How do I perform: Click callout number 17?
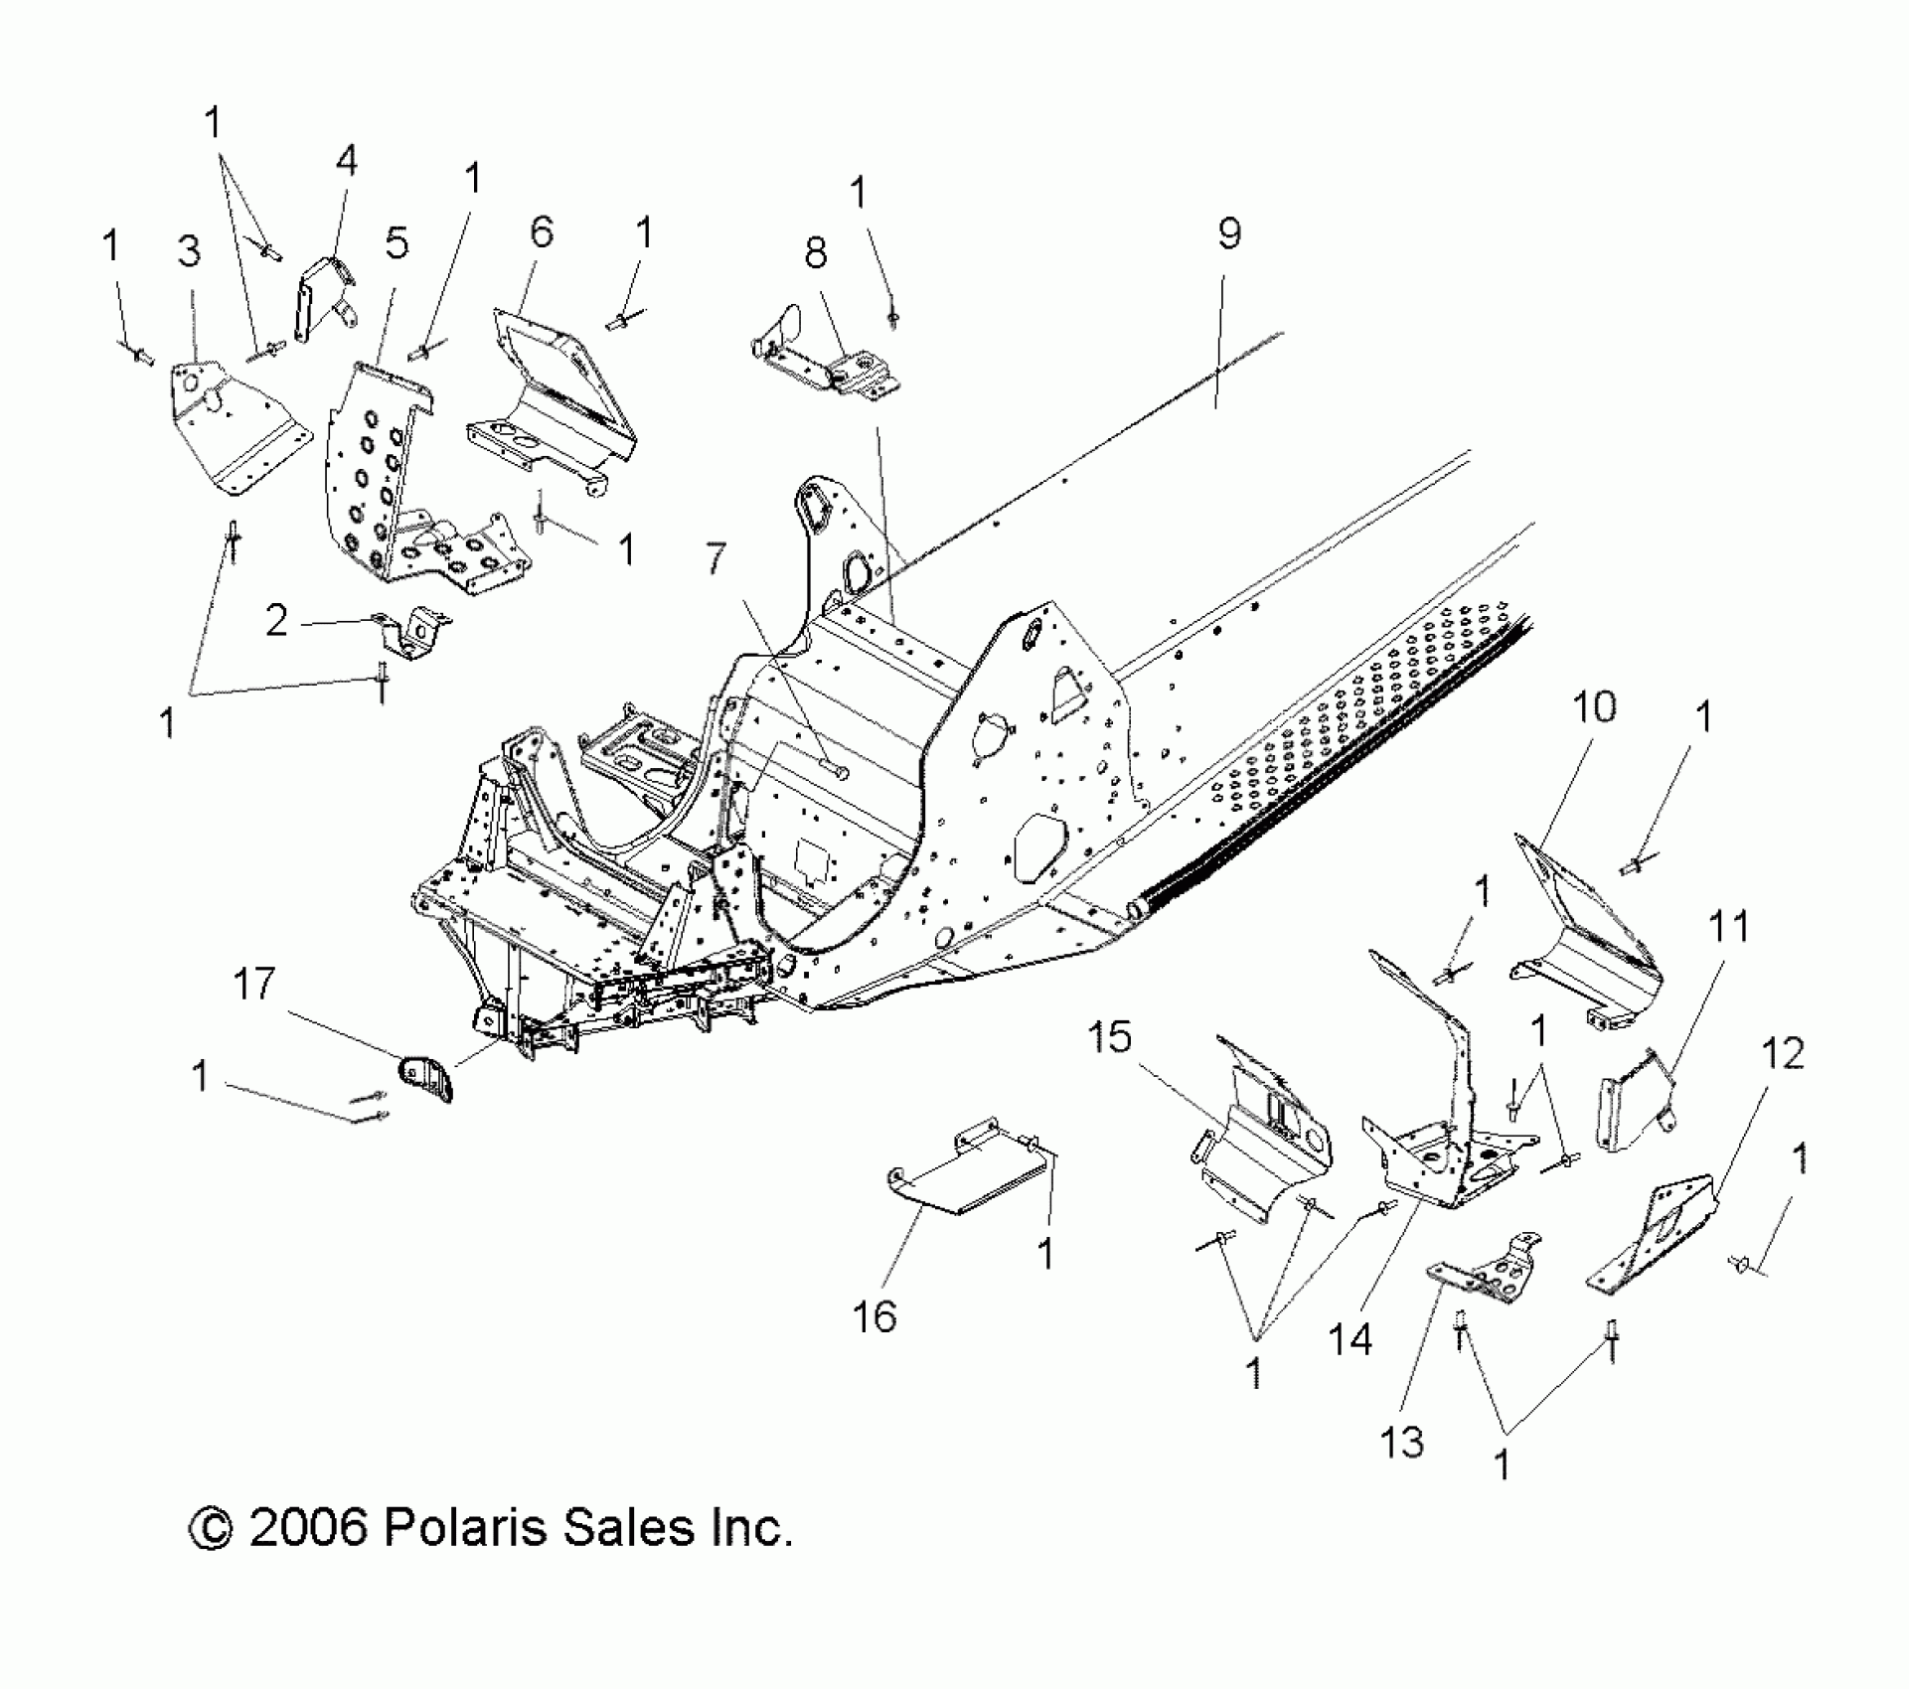[253, 985]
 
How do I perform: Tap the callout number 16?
[875, 1317]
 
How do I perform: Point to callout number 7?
[717, 559]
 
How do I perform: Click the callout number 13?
[1401, 1442]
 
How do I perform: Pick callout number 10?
[1594, 707]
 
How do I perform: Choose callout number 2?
[276, 621]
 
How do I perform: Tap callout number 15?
[1109, 1037]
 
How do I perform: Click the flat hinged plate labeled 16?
[964, 1177]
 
